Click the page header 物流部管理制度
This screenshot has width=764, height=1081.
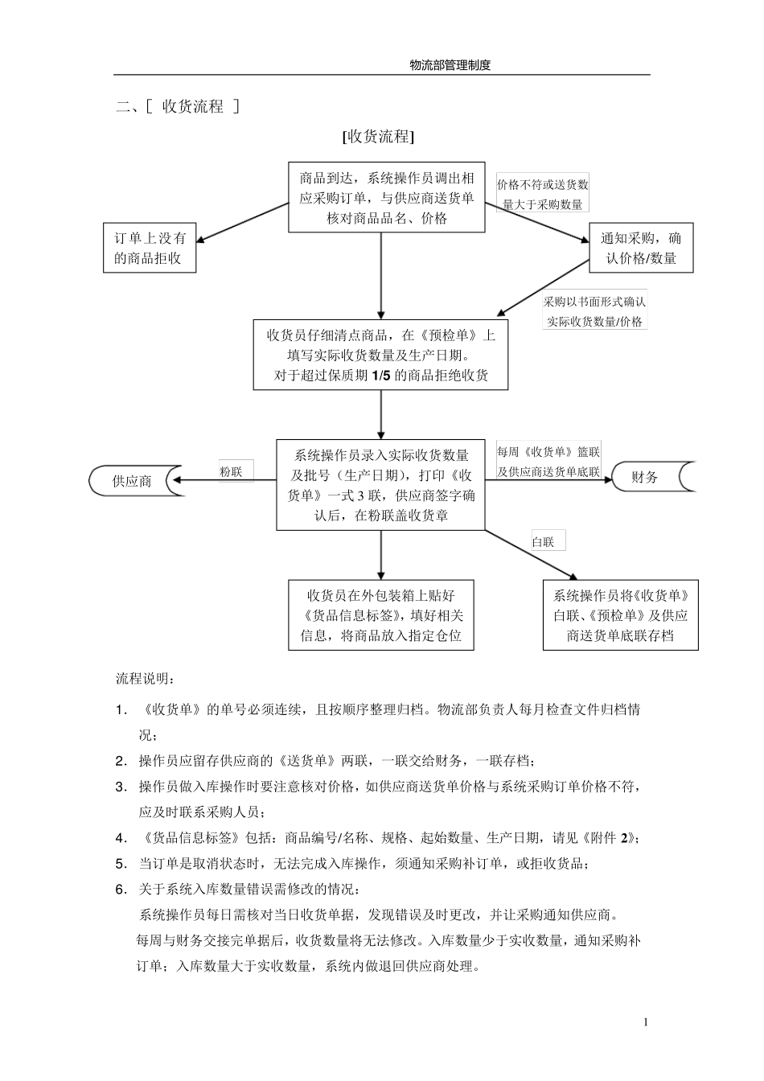point(450,66)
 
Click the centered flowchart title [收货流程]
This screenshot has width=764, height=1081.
point(378,137)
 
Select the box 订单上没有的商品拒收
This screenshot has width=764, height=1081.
point(150,248)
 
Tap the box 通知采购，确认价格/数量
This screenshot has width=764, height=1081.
point(641,248)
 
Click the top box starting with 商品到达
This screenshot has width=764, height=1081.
point(387,198)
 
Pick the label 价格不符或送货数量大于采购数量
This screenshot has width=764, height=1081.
point(542,194)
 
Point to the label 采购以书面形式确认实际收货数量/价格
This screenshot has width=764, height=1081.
point(594,311)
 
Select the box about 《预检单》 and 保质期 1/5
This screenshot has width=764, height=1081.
point(380,355)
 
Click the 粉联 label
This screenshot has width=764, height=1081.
point(232,471)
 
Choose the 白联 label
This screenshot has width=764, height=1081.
point(544,541)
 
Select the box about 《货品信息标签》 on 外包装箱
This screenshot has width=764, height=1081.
point(380,615)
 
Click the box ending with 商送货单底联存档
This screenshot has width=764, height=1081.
point(620,615)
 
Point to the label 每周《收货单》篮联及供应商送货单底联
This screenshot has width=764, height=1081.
point(548,462)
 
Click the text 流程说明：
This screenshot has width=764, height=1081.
point(144,679)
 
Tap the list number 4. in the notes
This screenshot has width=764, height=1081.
point(121,838)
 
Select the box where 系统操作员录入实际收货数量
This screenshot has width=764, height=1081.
point(381,485)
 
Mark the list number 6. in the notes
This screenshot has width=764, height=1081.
point(121,889)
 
